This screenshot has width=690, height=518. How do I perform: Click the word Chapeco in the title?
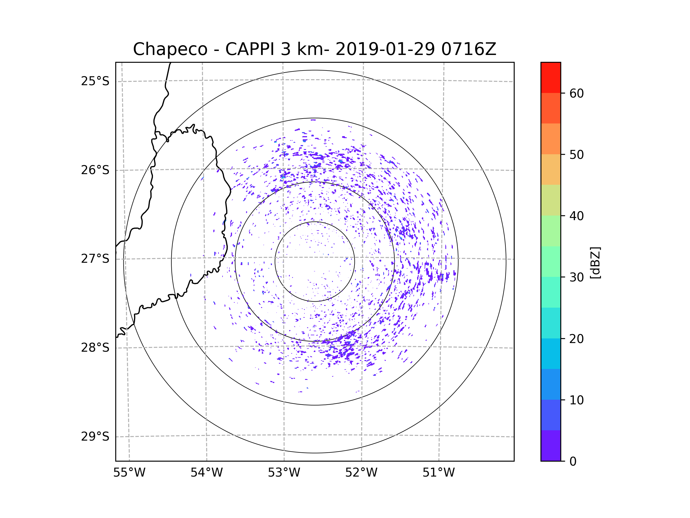click(x=170, y=49)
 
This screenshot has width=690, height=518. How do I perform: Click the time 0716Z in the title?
click(x=469, y=49)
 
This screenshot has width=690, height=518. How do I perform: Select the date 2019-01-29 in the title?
click(x=385, y=49)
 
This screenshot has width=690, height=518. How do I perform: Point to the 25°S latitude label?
click(x=95, y=81)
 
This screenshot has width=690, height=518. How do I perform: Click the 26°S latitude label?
click(x=95, y=170)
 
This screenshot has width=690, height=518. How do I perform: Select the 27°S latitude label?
click(x=95, y=259)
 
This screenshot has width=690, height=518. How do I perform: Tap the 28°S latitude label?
click(x=95, y=348)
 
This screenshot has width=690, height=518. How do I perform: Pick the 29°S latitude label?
click(x=95, y=437)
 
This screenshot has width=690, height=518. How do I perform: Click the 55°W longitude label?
click(x=129, y=473)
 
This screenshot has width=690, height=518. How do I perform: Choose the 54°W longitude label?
click(x=206, y=473)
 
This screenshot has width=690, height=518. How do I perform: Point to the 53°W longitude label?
click(x=284, y=473)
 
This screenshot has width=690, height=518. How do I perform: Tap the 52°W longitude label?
click(x=361, y=473)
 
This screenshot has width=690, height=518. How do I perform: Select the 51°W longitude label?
click(x=438, y=473)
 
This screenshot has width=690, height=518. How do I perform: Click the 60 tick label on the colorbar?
click(x=576, y=93)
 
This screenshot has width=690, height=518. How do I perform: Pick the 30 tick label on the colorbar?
click(x=576, y=277)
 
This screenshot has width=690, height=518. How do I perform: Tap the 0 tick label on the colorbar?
click(x=573, y=462)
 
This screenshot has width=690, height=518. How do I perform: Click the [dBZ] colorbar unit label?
click(x=595, y=263)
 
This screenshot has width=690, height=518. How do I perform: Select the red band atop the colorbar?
click(x=551, y=77)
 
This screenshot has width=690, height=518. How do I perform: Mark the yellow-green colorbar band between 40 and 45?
click(x=551, y=200)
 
